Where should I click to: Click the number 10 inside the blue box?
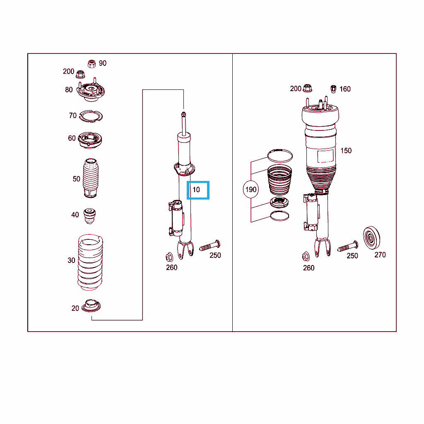click(x=196, y=190)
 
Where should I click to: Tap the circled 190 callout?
click(x=251, y=189)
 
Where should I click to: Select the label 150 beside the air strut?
click(x=346, y=151)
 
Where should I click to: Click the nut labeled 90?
click(x=92, y=64)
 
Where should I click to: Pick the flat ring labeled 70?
click(x=91, y=116)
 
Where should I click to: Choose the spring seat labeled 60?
click(x=90, y=140)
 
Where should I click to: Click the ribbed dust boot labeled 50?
click(x=90, y=178)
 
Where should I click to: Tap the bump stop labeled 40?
click(x=89, y=216)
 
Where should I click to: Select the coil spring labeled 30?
click(x=90, y=262)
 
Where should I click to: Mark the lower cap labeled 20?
click(x=92, y=306)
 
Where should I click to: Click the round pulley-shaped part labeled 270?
click(x=371, y=238)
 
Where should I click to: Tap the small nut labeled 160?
click(x=333, y=89)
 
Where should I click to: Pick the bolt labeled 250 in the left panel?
click(x=210, y=246)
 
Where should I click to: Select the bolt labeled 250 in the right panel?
click(x=348, y=246)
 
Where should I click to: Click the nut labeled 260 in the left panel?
click(x=169, y=257)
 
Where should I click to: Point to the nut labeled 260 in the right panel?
click(x=306, y=256)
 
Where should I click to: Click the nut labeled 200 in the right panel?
click(x=308, y=88)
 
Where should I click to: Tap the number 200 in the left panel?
click(x=68, y=71)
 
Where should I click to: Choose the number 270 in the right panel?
click(x=380, y=255)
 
